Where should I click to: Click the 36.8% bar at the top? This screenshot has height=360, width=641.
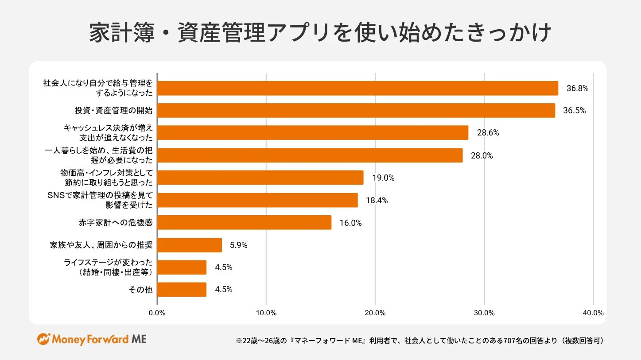point(357,88)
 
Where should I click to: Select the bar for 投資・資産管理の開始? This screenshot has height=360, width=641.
point(356,111)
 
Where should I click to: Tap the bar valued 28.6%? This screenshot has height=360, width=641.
point(312,133)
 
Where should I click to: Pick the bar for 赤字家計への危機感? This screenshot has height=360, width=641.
point(244,222)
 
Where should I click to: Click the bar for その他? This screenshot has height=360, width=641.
point(182,290)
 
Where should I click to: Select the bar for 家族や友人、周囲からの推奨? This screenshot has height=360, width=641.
point(189,245)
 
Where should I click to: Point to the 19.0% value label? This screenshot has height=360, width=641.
point(383,178)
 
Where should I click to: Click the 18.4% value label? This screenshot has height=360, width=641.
point(377,201)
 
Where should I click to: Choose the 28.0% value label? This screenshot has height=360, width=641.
point(482,155)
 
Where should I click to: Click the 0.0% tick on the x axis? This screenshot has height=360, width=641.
point(157,313)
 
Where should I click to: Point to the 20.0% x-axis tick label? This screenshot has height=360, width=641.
point(375,313)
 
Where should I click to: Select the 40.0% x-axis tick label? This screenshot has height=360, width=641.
point(593,313)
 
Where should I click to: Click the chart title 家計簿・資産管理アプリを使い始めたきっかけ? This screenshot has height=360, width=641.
point(320,33)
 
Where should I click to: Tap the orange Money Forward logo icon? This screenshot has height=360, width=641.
point(43,340)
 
